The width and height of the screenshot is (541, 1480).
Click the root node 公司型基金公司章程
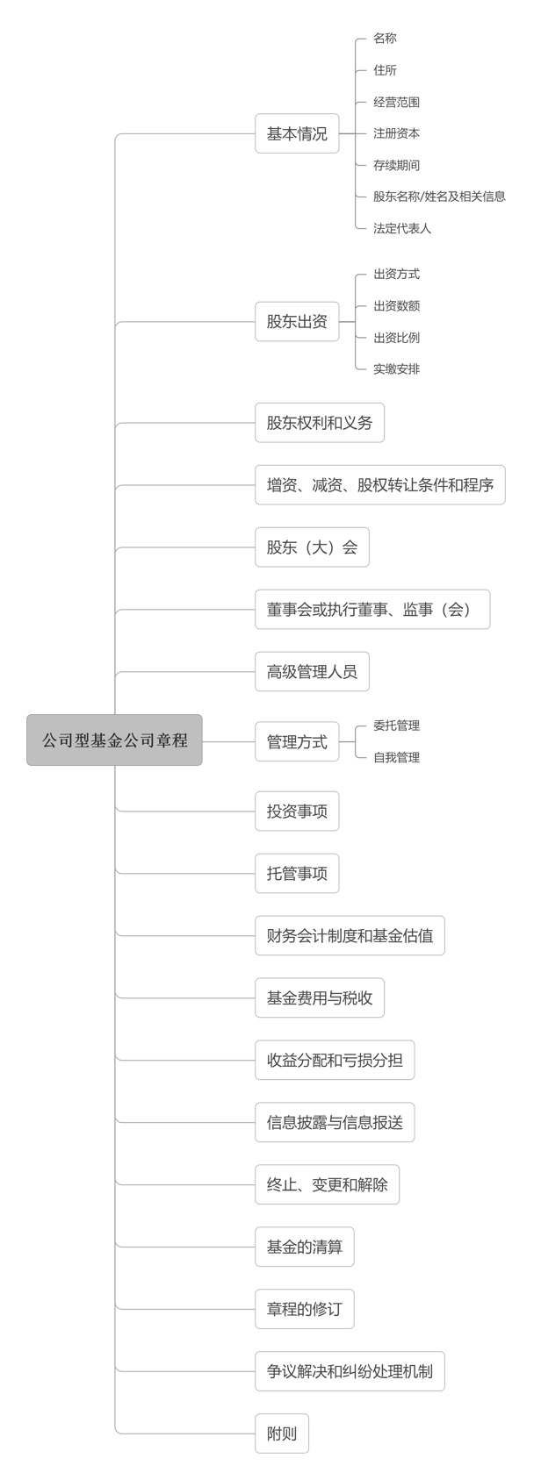114,740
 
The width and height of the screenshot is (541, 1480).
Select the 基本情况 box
297,133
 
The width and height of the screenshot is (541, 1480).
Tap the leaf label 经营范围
396,102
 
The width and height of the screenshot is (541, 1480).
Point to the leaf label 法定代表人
402,229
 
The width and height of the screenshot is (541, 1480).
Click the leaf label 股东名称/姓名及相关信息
439,197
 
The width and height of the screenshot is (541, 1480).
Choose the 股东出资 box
297,322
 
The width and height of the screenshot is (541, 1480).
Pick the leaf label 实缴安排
396,369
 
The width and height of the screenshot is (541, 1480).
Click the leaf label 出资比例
396,338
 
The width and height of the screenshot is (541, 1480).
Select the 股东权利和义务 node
320,423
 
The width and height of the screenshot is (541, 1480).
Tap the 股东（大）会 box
312,547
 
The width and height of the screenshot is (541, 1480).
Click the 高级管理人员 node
312,672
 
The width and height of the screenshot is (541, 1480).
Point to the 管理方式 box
297,741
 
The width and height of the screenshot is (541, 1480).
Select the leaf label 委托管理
396,726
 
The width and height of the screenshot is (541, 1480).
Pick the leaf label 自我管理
396,757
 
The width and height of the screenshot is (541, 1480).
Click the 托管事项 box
297,874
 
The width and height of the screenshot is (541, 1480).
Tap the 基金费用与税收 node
320,997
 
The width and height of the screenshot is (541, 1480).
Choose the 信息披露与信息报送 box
335,1123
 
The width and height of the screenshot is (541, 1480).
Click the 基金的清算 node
304,1247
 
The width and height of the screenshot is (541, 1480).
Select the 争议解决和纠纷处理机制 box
350,1371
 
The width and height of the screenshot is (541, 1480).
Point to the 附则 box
282,1434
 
